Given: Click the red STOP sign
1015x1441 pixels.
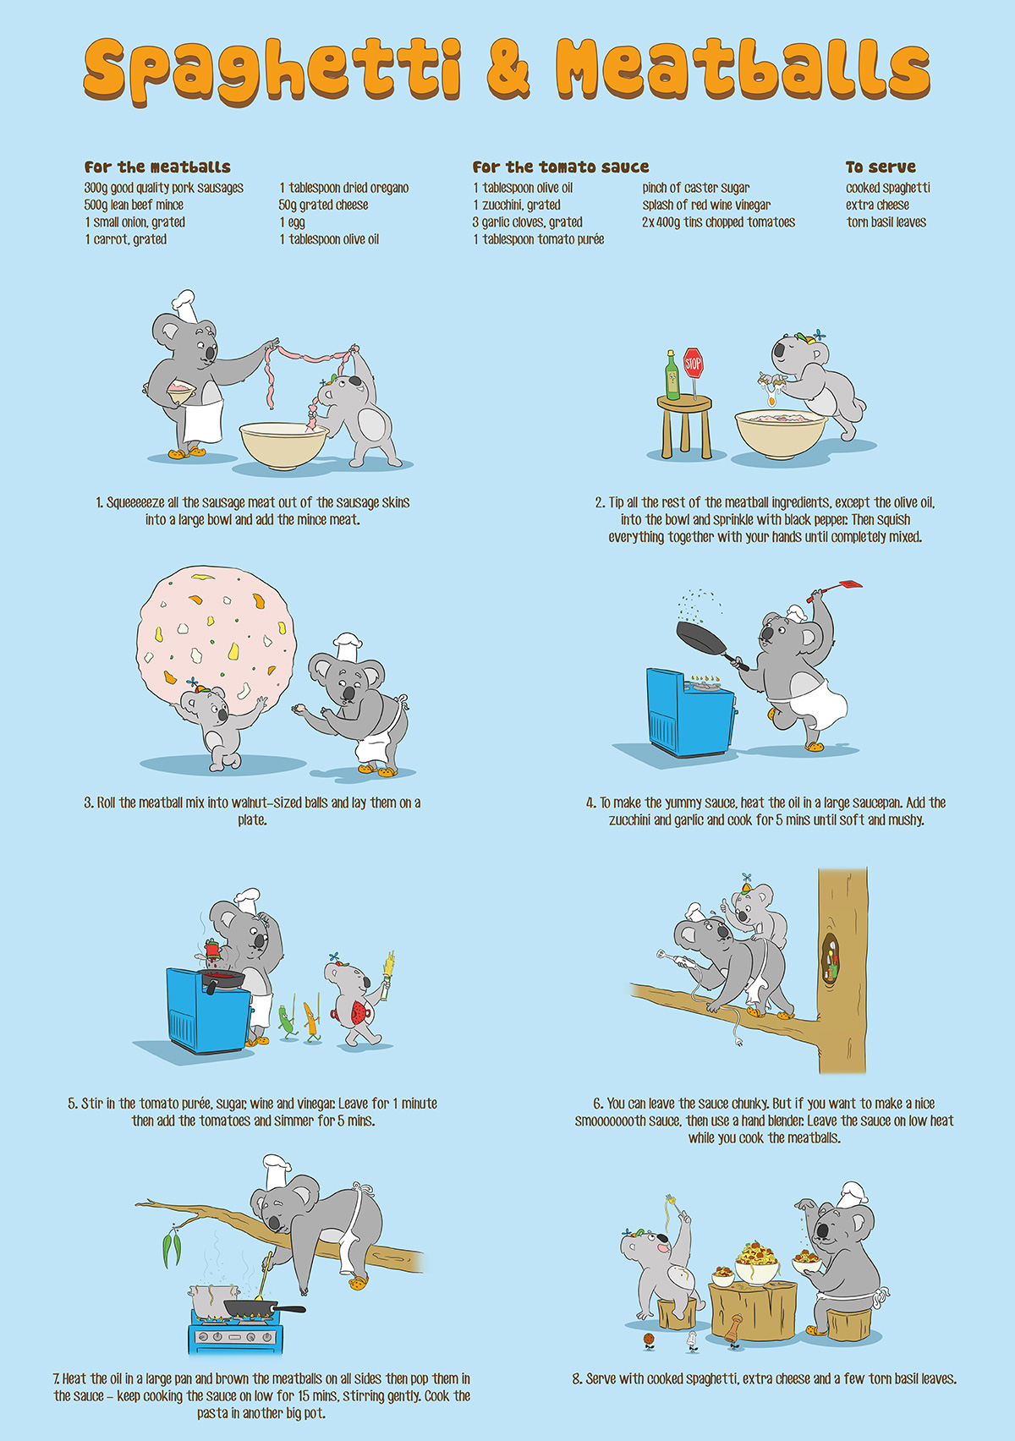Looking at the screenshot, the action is [x=693, y=364].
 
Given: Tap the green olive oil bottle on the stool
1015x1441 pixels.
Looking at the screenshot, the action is [x=672, y=375].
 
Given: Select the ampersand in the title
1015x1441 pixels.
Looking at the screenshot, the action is [x=507, y=69].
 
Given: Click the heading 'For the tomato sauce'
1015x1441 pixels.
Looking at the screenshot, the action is [x=561, y=167].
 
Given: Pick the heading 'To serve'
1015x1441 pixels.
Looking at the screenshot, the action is [x=880, y=167].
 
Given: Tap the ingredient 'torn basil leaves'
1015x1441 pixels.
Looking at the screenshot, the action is [x=886, y=222].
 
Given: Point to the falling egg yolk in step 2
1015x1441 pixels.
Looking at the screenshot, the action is [x=771, y=402].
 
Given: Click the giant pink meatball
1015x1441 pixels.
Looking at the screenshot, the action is [x=217, y=640].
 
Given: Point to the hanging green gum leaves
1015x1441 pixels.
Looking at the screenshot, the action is [x=173, y=1248].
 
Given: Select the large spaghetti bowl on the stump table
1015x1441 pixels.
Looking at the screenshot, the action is [x=757, y=1265].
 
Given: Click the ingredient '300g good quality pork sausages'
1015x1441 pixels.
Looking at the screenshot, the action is [x=163, y=188].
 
